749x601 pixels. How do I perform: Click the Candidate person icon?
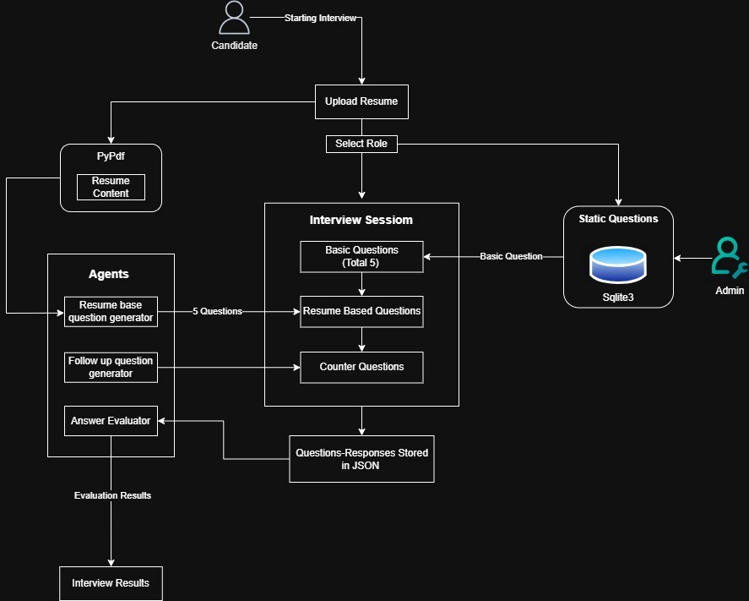click(x=234, y=19)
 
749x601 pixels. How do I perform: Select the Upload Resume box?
click(x=361, y=101)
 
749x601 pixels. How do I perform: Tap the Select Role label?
click(x=361, y=144)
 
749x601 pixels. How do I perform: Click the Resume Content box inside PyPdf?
click(x=111, y=187)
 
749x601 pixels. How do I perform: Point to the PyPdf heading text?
click(x=111, y=156)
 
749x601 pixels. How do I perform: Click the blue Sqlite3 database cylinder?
click(x=618, y=264)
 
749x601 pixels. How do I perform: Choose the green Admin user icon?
click(x=729, y=258)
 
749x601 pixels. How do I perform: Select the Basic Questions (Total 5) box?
click(x=361, y=257)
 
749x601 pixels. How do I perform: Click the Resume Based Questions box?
click(x=361, y=311)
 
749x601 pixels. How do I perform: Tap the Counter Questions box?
click(x=361, y=367)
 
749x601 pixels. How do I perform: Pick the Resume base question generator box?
click(x=111, y=311)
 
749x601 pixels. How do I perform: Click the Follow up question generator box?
click(x=111, y=367)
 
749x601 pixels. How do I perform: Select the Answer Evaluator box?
click(x=111, y=420)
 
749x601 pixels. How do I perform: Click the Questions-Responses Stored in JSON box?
click(x=361, y=459)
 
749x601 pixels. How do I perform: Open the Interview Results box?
click(x=111, y=583)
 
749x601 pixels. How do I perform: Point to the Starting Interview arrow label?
click(x=320, y=18)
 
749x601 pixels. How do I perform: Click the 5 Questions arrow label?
click(x=217, y=311)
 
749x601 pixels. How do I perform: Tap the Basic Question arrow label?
click(x=511, y=256)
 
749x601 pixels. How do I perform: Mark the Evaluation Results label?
click(x=112, y=495)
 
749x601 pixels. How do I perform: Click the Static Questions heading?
click(x=618, y=219)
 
